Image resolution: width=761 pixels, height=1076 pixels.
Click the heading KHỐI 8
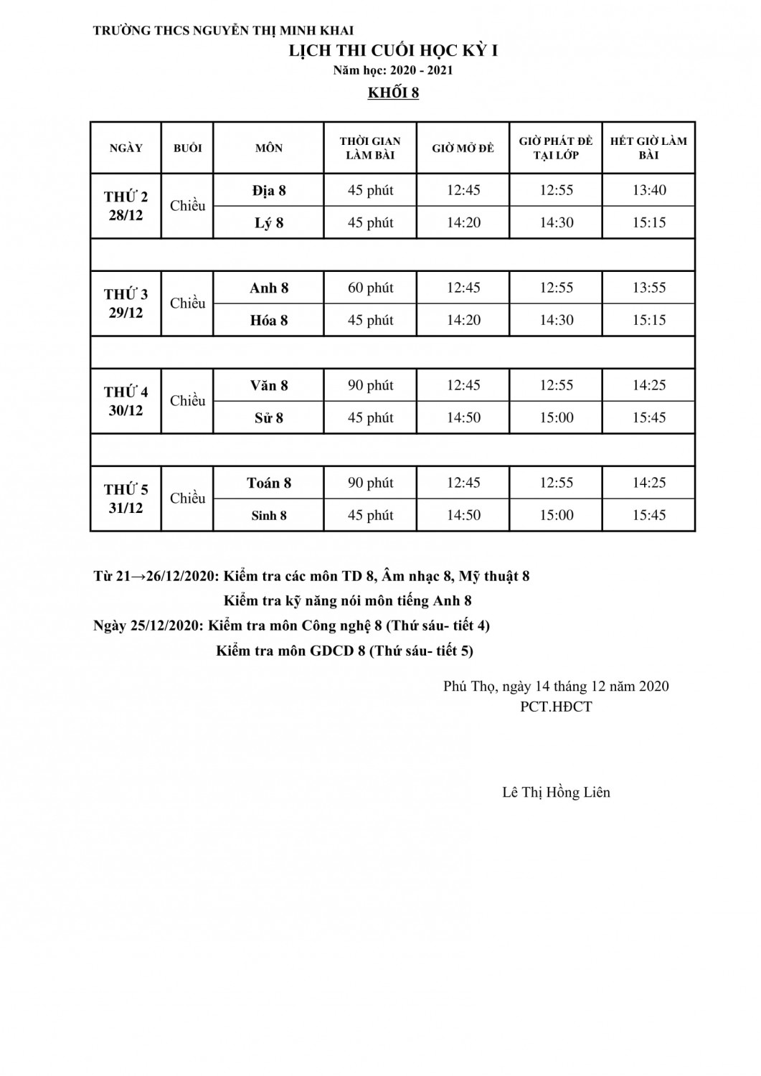[393, 93]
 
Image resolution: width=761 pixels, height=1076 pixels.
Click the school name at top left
[223, 31]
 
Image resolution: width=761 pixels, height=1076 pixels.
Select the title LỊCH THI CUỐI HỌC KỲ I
[393, 51]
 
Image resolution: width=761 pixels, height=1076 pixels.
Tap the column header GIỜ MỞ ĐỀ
[463, 148]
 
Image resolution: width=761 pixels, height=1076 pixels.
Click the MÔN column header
[269, 148]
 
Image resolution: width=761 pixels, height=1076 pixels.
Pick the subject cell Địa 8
[269, 190]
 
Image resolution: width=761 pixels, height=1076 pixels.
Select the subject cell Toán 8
[269, 483]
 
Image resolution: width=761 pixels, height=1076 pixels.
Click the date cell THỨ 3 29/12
[126, 303]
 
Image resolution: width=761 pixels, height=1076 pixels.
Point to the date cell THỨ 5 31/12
[126, 499]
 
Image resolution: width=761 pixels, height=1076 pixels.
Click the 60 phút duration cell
[370, 288]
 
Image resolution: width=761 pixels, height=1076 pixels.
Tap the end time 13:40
[648, 190]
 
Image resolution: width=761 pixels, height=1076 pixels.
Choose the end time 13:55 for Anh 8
[648, 288]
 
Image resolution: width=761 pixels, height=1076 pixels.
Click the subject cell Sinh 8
[269, 515]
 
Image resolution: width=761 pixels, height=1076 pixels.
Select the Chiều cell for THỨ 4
[188, 401]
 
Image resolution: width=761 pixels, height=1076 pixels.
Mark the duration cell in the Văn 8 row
[370, 385]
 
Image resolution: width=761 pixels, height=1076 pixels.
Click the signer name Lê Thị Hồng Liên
[556, 793]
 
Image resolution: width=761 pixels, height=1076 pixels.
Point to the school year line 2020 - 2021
[393, 70]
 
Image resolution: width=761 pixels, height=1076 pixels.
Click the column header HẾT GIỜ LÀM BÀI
[648, 148]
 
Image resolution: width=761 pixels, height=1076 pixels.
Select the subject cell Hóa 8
[269, 320]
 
